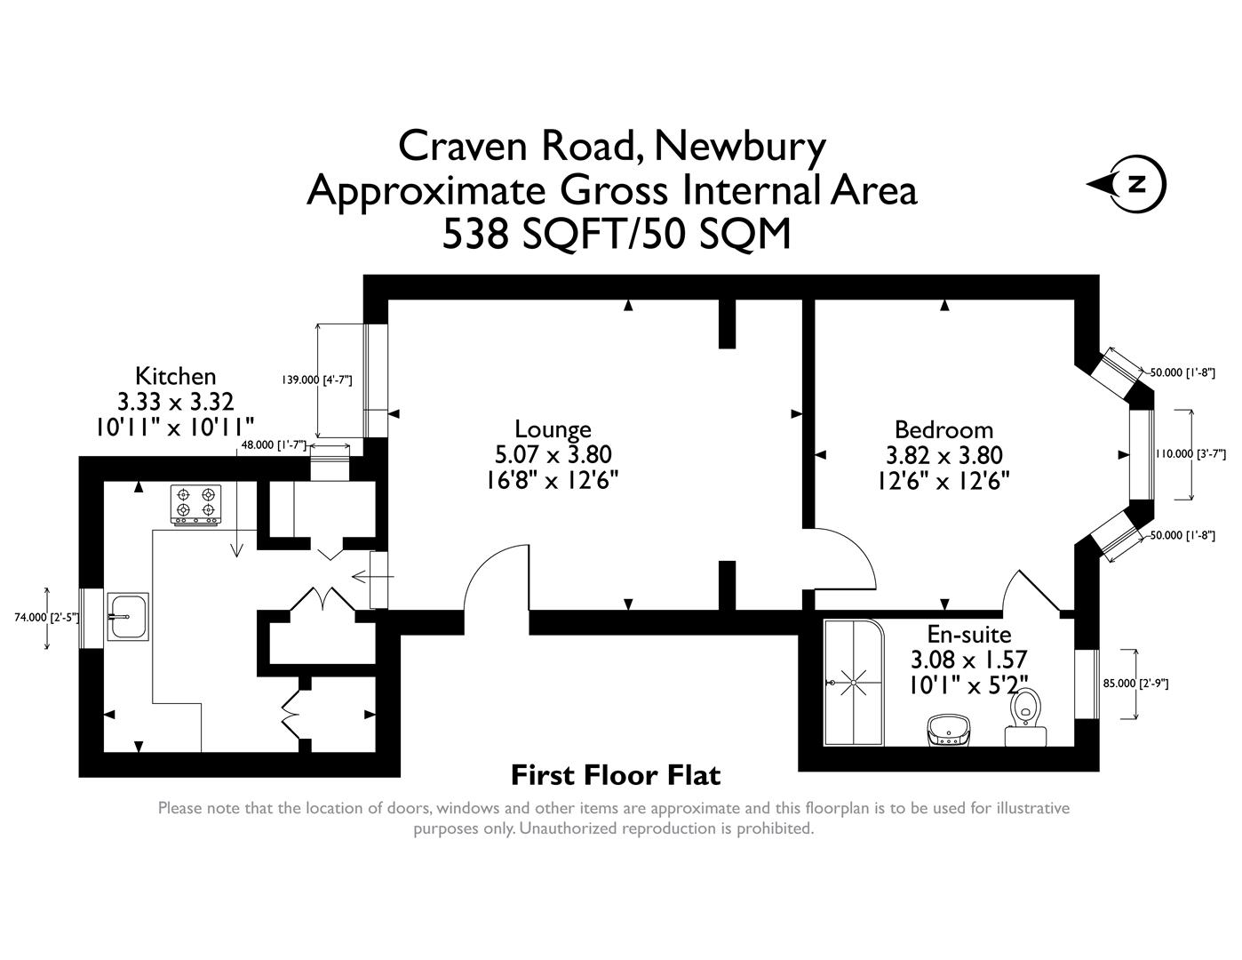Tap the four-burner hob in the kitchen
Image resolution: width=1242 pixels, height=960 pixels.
click(x=195, y=505)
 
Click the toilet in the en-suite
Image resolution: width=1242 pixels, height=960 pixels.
click(x=1025, y=716)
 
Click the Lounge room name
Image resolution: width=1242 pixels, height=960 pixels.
click(x=553, y=429)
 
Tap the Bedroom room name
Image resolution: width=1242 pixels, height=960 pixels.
click(x=943, y=429)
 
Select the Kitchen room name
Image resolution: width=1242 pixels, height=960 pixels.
click(x=175, y=376)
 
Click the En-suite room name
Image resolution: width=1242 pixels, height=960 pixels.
click(x=968, y=635)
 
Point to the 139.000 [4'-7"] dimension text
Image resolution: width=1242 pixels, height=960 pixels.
click(x=317, y=380)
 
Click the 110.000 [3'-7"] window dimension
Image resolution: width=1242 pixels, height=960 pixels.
click(x=1190, y=454)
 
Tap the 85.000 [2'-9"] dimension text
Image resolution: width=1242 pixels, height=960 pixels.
click(x=1135, y=684)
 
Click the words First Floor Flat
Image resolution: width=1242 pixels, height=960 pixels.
click(x=616, y=776)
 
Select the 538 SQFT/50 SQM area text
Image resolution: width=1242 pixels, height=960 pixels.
click(x=616, y=235)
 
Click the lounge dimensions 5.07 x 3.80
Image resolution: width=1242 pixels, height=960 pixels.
click(x=553, y=455)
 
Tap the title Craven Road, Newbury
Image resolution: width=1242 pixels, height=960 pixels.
click(x=611, y=147)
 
